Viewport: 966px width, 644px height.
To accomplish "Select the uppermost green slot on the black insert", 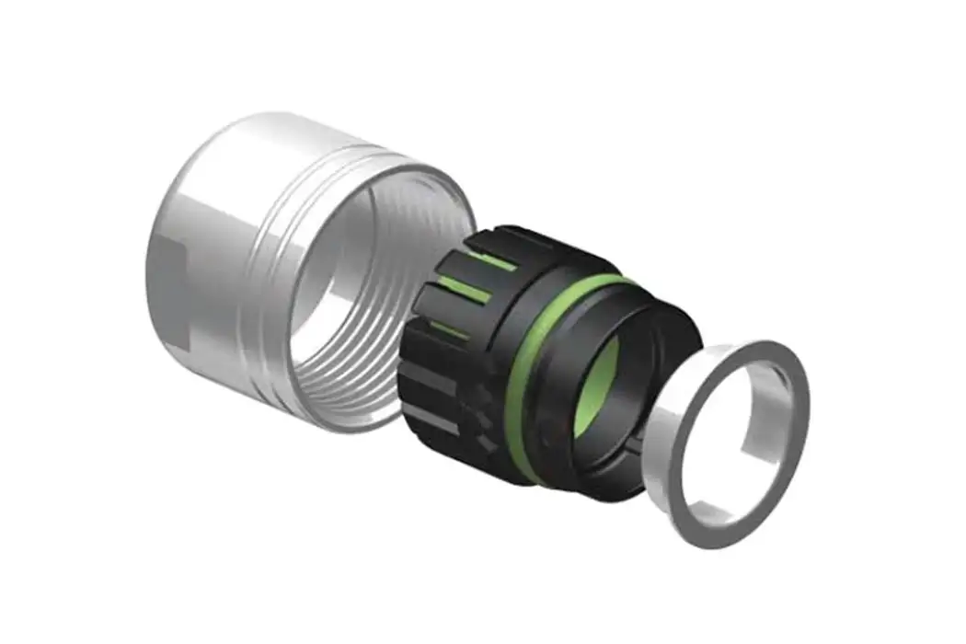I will [x=497, y=262].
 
